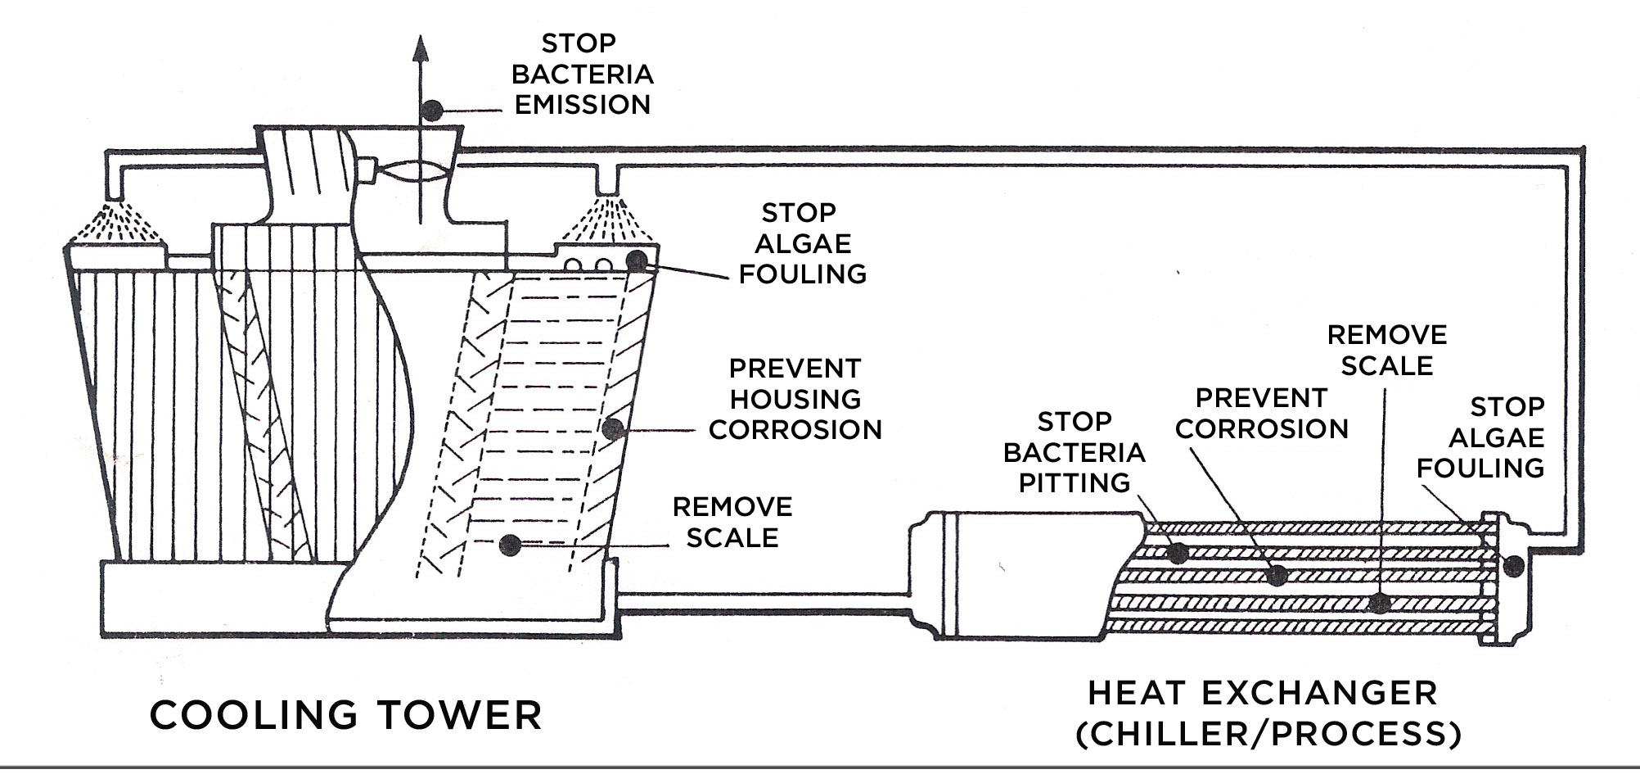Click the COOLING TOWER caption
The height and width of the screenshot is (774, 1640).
pyautogui.click(x=345, y=714)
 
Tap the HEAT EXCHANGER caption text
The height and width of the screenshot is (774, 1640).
pyautogui.click(x=1262, y=693)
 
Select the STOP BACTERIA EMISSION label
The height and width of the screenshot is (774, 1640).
pyautogui.click(x=582, y=74)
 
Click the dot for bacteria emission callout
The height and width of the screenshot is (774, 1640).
pyautogui.click(x=432, y=110)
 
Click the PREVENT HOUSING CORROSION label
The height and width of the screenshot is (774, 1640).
pyautogui.click(x=795, y=399)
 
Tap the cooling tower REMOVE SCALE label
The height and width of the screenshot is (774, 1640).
pyautogui.click(x=732, y=522)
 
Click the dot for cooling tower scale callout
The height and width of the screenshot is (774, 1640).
pyautogui.click(x=510, y=544)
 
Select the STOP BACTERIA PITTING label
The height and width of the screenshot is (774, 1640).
pyautogui.click(x=1074, y=451)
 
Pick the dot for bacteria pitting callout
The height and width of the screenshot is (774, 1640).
pyautogui.click(x=1178, y=553)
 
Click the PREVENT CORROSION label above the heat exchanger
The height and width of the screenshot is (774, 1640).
pyautogui.click(x=1261, y=413)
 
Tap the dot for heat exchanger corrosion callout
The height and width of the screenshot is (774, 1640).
pyautogui.click(x=1277, y=575)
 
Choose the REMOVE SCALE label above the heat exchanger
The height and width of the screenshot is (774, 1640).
pyautogui.click(x=1386, y=350)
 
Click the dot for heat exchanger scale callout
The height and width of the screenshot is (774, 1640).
pyautogui.click(x=1380, y=604)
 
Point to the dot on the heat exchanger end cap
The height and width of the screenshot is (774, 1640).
pyautogui.click(x=1513, y=564)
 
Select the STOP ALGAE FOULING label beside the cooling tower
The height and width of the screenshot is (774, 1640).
pyautogui.click(x=801, y=243)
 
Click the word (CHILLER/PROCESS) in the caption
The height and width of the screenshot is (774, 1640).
pyautogui.click(x=1268, y=732)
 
